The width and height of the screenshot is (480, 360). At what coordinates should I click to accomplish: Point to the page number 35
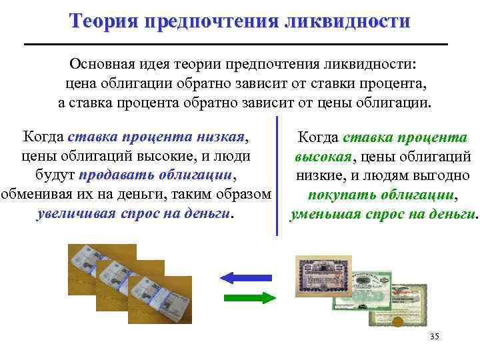pyautogui.click(x=435, y=335)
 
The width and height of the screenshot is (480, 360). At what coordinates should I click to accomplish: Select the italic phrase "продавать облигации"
pyautogui.click(x=157, y=175)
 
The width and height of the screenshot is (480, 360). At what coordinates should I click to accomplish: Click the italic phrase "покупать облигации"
pyautogui.click(x=381, y=196)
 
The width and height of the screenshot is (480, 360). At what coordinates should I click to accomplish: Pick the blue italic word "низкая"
pyautogui.click(x=221, y=137)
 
